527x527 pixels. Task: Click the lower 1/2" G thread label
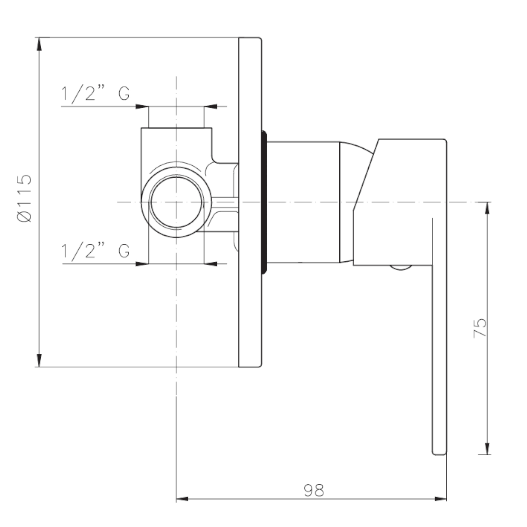click(x=95, y=251)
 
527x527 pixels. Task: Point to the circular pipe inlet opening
click(x=177, y=202)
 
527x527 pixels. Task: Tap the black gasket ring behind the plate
click(x=264, y=202)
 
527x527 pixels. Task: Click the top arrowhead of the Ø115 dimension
click(x=39, y=44)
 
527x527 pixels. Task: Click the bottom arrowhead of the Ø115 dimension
click(x=39, y=360)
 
